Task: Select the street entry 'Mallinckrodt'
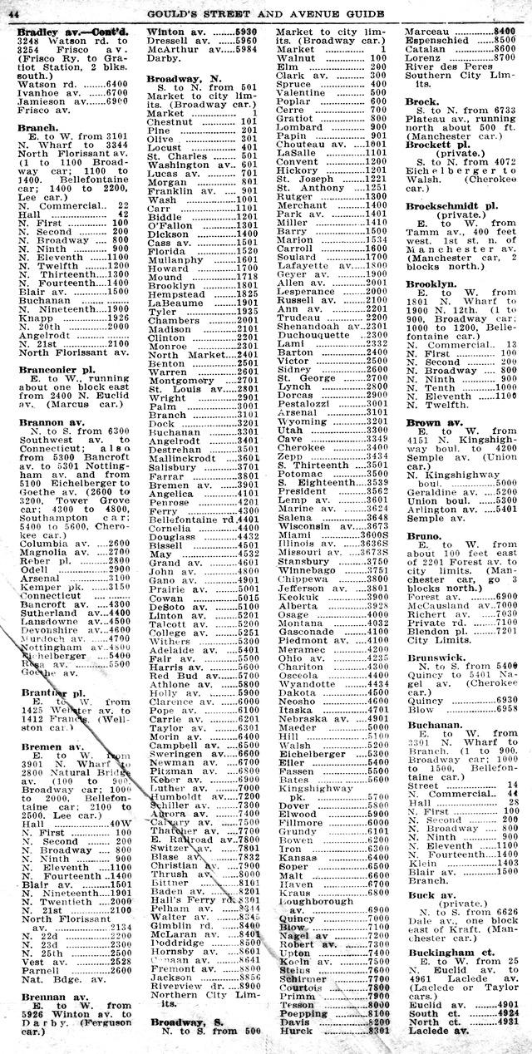185,457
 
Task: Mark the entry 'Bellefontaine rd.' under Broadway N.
190,520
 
